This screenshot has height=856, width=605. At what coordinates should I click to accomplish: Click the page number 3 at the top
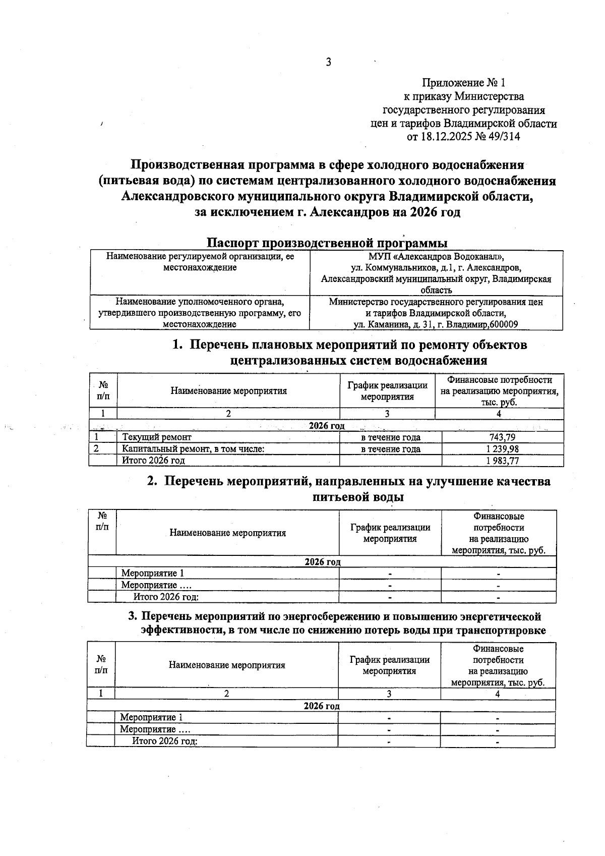click(328, 63)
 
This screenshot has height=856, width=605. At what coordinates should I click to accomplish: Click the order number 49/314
click(502, 137)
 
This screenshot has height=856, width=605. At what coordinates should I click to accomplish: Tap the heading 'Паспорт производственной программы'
click(328, 243)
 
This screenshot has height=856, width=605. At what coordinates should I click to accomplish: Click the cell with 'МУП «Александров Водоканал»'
click(436, 256)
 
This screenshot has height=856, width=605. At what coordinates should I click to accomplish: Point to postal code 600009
click(502, 324)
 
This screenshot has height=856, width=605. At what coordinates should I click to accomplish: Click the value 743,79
click(502, 437)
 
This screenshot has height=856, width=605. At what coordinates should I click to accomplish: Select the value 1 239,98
click(502, 449)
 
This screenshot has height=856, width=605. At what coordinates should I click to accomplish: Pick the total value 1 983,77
click(502, 461)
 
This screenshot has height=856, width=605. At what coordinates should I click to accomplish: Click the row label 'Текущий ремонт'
click(157, 437)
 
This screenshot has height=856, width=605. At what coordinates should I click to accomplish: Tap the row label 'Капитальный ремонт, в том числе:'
click(194, 449)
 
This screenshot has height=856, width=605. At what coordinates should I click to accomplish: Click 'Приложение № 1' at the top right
click(463, 83)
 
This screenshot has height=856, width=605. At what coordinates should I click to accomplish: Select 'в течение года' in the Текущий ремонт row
click(391, 437)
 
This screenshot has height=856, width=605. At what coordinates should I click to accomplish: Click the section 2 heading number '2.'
click(152, 482)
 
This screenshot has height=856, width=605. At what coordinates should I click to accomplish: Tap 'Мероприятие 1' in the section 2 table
click(153, 574)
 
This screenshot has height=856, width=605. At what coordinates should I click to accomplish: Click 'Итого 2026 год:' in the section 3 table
click(164, 741)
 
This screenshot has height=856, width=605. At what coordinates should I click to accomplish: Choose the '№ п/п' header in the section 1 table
click(103, 390)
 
